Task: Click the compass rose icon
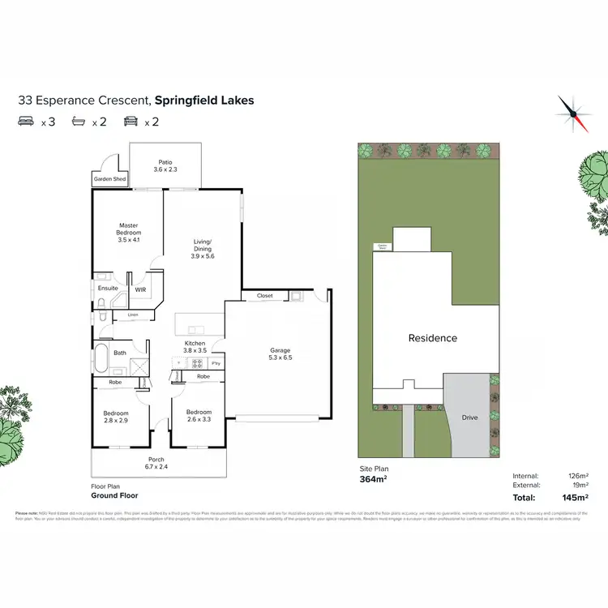[x=571, y=112]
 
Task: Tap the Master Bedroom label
[x=129, y=233]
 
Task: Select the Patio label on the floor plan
[x=165, y=165]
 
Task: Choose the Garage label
[x=280, y=355]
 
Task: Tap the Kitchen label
[x=195, y=348]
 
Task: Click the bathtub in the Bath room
[x=101, y=357]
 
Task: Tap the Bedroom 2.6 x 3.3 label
[x=199, y=417]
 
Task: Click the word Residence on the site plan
[x=432, y=338]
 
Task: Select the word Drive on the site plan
[x=470, y=417]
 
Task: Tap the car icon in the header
[x=130, y=122]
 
